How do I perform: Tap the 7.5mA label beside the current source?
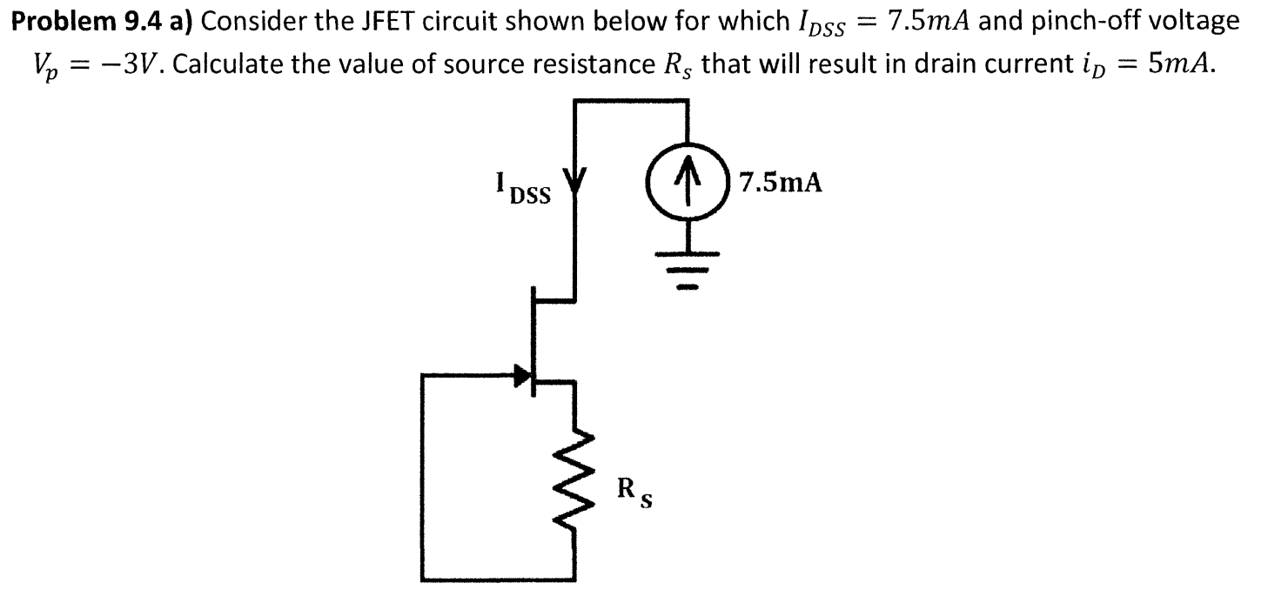tap(780, 184)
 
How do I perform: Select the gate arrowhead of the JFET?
tap(521, 376)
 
